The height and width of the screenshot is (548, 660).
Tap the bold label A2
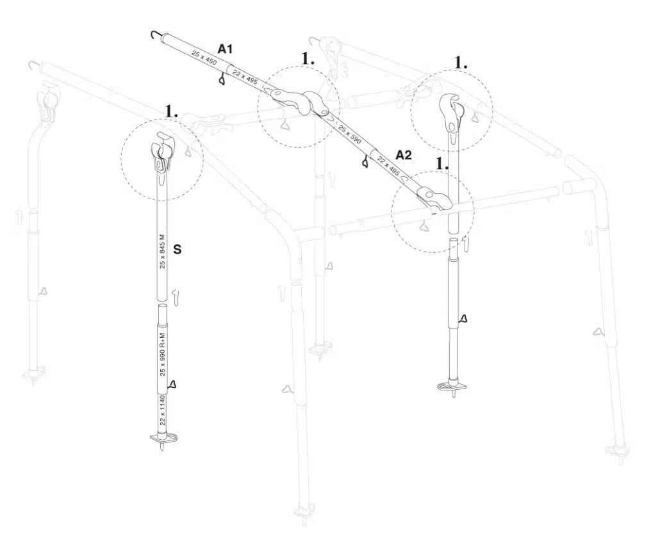403,154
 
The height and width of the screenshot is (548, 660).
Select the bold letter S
177,250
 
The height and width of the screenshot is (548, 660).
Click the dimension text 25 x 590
350,133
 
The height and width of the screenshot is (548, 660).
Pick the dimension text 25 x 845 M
162,255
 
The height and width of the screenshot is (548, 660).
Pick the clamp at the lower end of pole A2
434,198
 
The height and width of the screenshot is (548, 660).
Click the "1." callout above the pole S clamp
171,111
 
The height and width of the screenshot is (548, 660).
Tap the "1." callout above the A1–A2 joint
308,58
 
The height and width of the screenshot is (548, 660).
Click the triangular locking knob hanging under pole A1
222,80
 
